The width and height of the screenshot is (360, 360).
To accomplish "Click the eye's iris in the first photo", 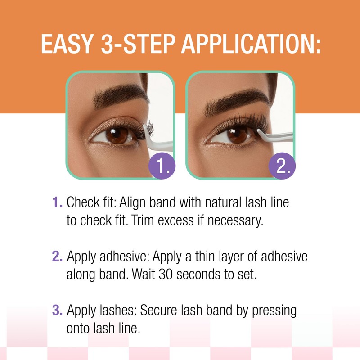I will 118,135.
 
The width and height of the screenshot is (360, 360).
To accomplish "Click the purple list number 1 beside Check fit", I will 57,203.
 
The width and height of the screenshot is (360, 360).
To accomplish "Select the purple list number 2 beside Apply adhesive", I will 57,257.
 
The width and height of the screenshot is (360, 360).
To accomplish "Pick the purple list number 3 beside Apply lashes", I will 57,311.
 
